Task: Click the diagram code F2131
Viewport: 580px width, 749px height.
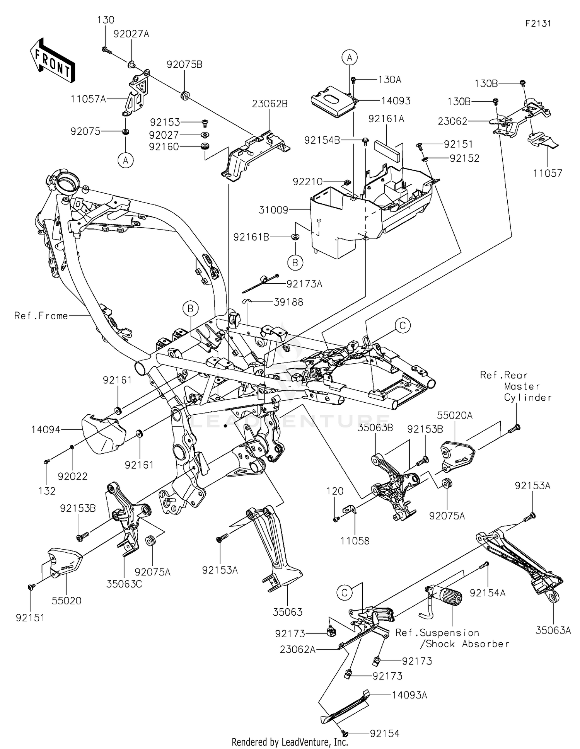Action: point(538,24)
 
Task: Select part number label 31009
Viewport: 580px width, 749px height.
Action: point(273,210)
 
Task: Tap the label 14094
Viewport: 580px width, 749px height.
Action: point(46,429)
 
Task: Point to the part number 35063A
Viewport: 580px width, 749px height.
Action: point(553,630)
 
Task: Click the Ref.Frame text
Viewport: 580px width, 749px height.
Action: point(41,316)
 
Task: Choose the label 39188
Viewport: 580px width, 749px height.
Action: point(288,302)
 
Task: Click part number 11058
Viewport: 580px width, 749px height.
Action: point(355,541)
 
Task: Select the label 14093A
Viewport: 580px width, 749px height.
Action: point(409,695)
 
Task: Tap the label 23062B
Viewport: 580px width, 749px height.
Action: point(270,104)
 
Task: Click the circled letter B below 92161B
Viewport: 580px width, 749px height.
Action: point(295,263)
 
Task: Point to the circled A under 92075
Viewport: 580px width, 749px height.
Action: point(125,160)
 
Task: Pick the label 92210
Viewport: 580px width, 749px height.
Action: point(307,181)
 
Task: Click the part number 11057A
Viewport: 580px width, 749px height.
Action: point(88,99)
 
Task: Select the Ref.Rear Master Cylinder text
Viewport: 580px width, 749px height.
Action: point(515,386)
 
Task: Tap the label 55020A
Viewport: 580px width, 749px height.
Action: point(455,415)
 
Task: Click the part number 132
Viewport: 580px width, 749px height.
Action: point(47,491)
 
